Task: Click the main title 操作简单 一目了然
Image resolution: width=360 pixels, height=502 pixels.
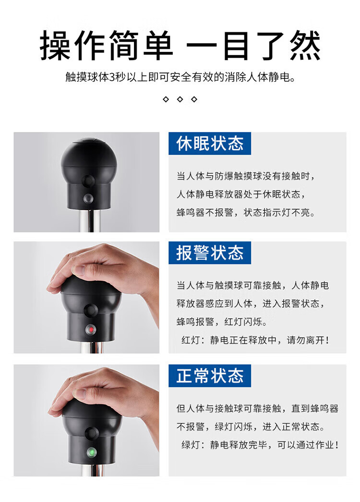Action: click(180, 46)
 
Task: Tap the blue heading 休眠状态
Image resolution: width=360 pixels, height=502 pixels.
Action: click(210, 143)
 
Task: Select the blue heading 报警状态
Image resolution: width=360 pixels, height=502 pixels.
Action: click(210, 252)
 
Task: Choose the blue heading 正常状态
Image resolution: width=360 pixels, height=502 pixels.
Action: click(210, 375)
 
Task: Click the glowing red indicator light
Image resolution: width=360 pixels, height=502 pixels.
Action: click(91, 329)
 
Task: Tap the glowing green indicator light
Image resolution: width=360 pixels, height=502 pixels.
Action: click(92, 452)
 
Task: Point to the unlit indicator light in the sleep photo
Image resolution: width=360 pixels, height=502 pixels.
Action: click(88, 199)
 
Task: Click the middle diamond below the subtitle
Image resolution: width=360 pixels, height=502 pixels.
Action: click(180, 99)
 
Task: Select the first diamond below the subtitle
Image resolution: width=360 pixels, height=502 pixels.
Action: click(166, 99)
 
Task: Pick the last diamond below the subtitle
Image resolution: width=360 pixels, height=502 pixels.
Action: click(194, 99)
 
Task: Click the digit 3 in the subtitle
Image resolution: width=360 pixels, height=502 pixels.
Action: click(112, 77)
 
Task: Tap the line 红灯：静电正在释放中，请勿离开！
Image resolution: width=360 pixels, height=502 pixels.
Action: click(255, 340)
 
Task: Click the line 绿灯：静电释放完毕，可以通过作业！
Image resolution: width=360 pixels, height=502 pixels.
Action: click(260, 445)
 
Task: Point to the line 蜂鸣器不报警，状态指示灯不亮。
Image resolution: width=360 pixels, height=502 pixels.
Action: click(246, 213)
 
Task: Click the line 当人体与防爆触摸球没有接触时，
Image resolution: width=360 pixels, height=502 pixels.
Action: click(246, 176)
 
